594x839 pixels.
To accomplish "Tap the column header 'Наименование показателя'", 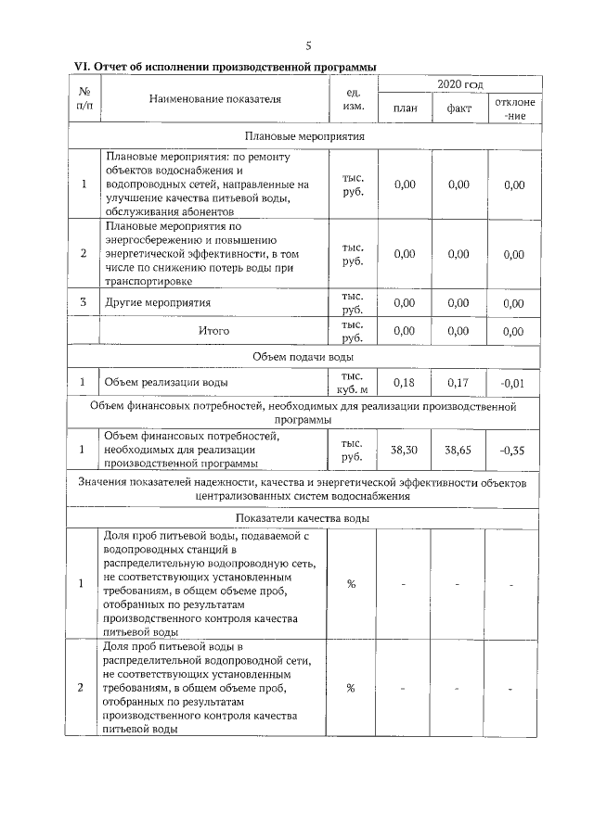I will click(214, 97).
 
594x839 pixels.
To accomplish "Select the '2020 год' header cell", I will click(459, 85).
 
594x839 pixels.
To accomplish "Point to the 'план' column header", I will click(406, 109).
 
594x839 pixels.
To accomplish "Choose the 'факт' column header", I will click(458, 109).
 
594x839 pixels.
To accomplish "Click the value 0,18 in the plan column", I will click(405, 382).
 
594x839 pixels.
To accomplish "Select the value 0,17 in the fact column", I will click(458, 382).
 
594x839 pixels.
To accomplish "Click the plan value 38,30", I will click(405, 450).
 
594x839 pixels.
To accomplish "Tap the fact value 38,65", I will click(458, 450).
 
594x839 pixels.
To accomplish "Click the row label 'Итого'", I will click(214, 330).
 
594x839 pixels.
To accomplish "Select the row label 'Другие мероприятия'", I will click(158, 302).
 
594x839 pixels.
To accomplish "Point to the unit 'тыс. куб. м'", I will click(352, 382).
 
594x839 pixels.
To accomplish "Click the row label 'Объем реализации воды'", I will click(166, 382).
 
